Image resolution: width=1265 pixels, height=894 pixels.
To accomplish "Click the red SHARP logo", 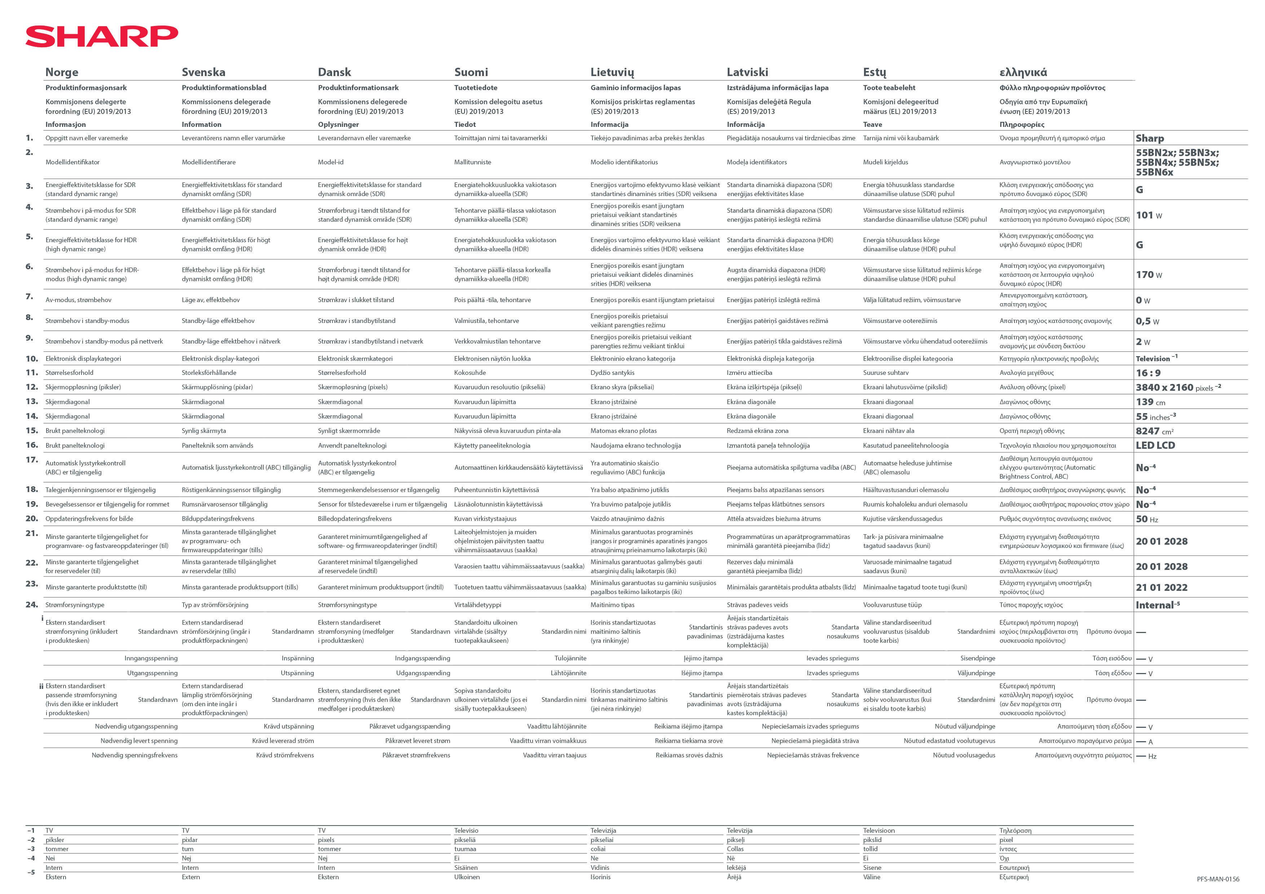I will point(102,36).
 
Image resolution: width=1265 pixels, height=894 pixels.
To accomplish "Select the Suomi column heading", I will point(471,72).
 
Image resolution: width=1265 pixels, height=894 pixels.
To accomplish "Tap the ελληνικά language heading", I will point(1023,72).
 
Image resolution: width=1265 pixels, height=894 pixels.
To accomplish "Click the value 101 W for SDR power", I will point(1149,215).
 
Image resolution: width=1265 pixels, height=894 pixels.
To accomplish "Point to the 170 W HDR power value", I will point(1149,275).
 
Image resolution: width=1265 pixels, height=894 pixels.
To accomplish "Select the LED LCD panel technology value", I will point(1155,446).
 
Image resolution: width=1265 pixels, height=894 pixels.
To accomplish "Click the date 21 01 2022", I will point(1162,588).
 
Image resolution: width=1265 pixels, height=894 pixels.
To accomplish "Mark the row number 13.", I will point(32,402).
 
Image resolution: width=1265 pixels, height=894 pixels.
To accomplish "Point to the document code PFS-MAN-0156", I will point(1218,879).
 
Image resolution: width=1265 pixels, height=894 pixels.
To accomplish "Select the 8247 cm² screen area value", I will point(1154,431).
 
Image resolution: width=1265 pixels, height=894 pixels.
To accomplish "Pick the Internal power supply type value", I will point(1157,605).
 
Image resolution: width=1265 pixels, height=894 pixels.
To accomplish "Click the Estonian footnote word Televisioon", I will point(879,831).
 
